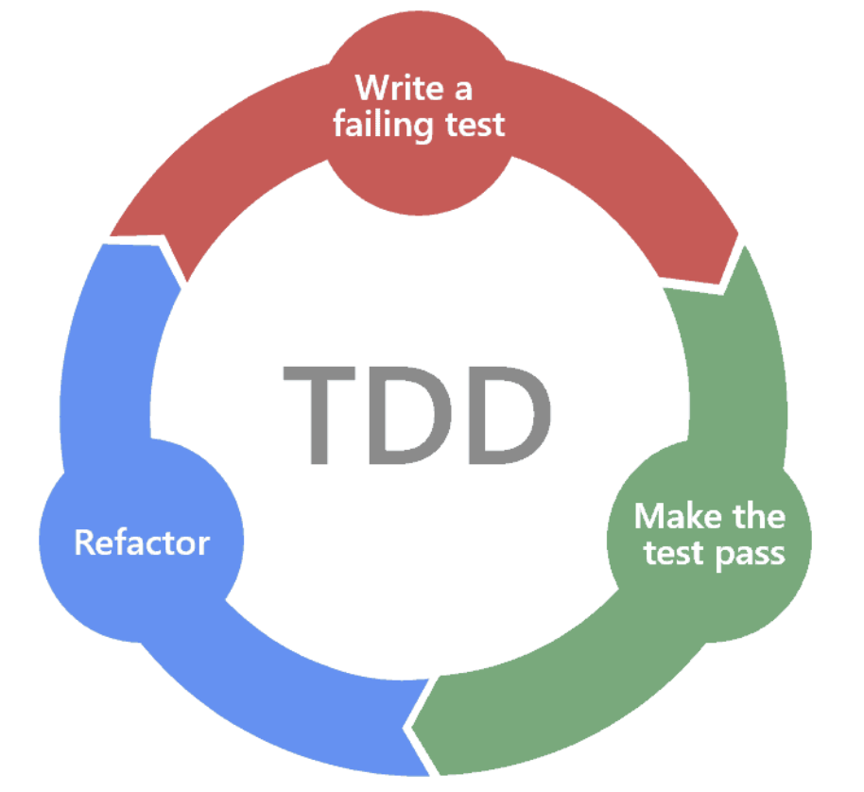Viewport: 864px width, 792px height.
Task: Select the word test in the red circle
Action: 474,126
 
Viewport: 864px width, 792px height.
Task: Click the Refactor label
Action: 142,543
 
